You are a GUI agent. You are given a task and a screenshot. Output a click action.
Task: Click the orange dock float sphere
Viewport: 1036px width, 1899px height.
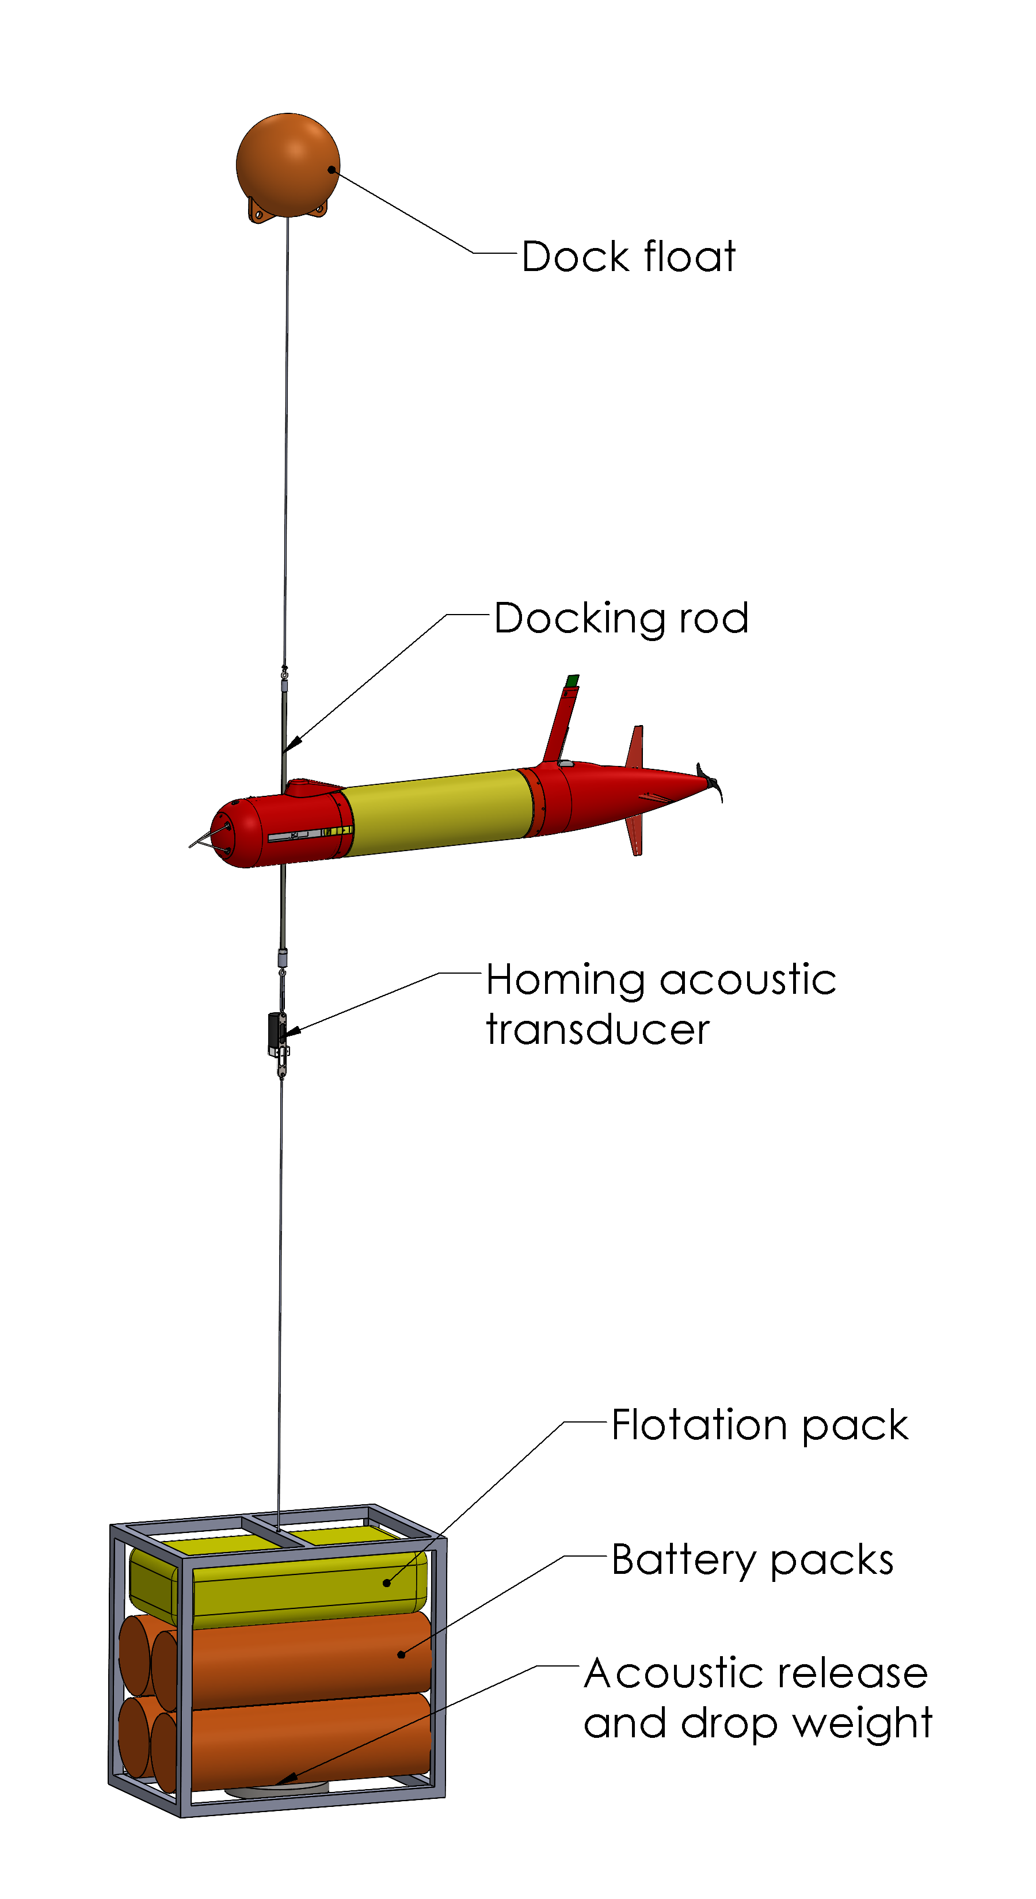(x=288, y=165)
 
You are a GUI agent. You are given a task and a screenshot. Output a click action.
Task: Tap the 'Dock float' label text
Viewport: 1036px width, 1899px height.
(x=629, y=257)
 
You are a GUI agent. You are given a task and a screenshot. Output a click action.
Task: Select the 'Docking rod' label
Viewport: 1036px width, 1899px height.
(x=622, y=619)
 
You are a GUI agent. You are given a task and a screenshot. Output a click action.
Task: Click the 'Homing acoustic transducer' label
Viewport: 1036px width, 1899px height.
(x=661, y=1004)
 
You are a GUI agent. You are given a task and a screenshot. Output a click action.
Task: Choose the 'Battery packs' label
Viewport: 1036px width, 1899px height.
(x=753, y=1560)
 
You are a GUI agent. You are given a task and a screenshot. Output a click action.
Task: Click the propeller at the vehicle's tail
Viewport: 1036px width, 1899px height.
(x=711, y=781)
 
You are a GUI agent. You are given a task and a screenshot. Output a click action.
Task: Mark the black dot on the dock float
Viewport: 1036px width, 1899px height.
(x=332, y=170)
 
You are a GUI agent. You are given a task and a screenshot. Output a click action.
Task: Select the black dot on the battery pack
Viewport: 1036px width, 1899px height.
(x=401, y=1655)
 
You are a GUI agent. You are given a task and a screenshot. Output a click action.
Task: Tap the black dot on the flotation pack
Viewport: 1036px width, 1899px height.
(x=386, y=1582)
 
